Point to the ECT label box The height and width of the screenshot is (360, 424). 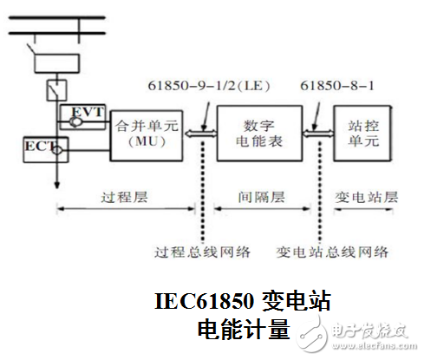point(39,148)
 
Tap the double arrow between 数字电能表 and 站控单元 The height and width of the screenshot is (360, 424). point(314,133)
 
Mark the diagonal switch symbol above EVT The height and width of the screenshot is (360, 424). point(57,89)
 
